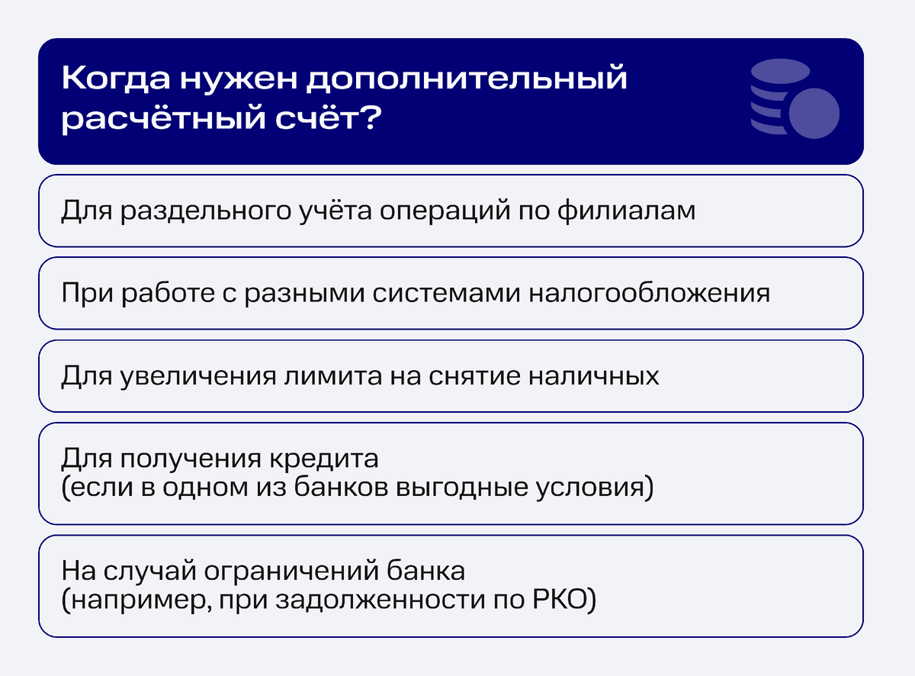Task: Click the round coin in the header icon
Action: click(814, 114)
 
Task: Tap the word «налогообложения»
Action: click(649, 293)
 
